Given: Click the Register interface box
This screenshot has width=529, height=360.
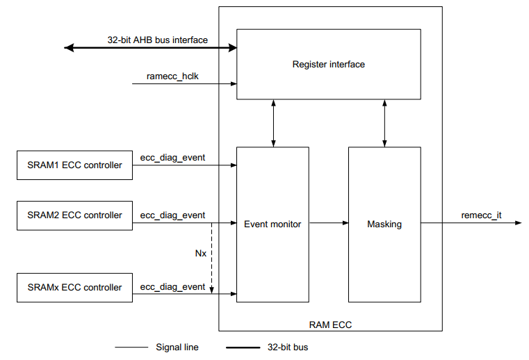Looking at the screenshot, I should [x=328, y=65].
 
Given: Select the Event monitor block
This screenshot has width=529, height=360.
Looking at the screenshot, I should [x=272, y=224].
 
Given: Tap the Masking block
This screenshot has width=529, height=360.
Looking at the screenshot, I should [x=384, y=224].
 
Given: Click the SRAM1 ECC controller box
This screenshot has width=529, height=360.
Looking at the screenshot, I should [x=74, y=165].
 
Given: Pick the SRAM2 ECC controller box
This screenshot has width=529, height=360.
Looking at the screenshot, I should [x=74, y=215].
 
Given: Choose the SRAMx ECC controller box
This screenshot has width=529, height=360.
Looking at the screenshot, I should [x=74, y=288].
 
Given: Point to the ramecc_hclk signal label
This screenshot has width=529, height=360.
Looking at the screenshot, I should [x=173, y=76].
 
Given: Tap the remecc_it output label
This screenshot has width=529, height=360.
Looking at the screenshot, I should [x=481, y=215].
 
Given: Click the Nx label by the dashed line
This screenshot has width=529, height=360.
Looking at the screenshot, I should [x=200, y=254].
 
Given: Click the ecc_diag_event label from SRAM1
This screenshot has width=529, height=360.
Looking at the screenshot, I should [x=172, y=158].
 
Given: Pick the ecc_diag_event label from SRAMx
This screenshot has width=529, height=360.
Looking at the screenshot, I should [x=172, y=287].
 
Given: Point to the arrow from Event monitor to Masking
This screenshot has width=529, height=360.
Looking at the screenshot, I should [x=328, y=224].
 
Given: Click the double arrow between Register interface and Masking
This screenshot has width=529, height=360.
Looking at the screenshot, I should [x=384, y=123].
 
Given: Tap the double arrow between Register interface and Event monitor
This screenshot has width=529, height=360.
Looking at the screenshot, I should [x=272, y=123].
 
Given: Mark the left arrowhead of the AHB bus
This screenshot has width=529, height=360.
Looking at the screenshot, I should [x=68, y=48].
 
